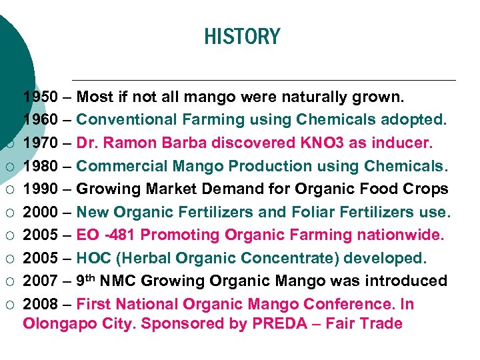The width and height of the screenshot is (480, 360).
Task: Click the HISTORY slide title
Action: pyautogui.click(x=242, y=36)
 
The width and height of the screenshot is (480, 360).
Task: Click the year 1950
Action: pyautogui.click(x=41, y=97)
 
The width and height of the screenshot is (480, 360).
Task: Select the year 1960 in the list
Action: pyautogui.click(x=41, y=120)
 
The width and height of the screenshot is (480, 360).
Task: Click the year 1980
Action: pyautogui.click(x=41, y=166)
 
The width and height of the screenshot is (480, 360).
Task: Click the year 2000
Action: pyautogui.click(x=41, y=212)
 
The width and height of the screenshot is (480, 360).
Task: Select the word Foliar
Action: pyautogui.click(x=313, y=212)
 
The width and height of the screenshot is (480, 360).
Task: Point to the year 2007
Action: pyautogui.click(x=41, y=281)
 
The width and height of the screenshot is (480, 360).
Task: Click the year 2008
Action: pyautogui.click(x=41, y=305)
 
